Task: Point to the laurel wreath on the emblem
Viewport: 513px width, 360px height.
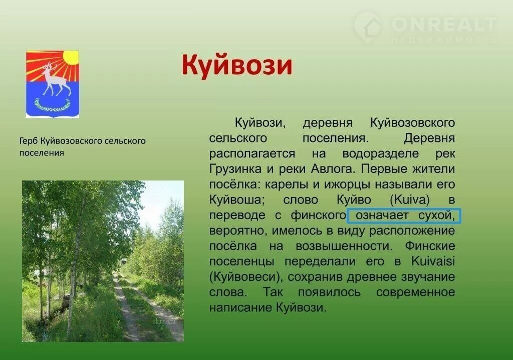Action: [52, 105]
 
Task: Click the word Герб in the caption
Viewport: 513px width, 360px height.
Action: [29, 141]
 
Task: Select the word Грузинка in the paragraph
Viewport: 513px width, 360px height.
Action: [235, 169]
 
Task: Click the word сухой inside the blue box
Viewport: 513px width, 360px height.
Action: [437, 216]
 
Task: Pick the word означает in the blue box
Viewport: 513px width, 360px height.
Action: [382, 216]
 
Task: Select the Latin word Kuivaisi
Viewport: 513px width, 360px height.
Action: [433, 261]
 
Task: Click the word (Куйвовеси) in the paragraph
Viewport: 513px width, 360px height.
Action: [245, 277]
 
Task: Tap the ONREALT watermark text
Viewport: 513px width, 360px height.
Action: [444, 25]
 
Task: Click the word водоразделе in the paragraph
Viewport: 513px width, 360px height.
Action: [381, 154]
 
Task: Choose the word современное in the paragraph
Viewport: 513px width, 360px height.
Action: [415, 292]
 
